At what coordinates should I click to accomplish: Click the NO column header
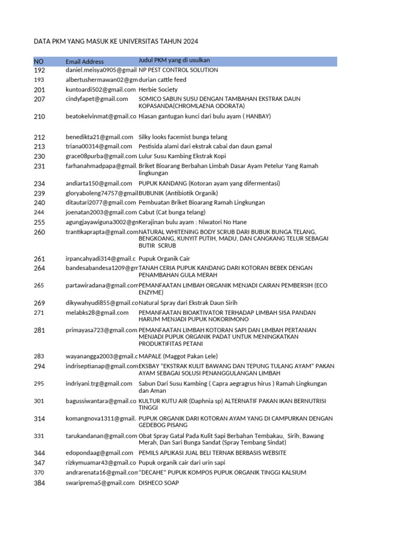38,62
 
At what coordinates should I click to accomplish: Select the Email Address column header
84,62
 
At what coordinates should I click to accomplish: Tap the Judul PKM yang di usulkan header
174,60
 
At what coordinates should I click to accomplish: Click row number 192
40,70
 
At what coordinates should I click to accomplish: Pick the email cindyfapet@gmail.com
97,99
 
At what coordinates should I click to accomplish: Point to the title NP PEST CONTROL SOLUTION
178,70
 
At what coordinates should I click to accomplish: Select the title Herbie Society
158,90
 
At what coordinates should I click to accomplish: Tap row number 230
40,156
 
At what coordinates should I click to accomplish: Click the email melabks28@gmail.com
97,313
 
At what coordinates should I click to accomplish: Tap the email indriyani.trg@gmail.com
99,383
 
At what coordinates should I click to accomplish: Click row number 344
40,453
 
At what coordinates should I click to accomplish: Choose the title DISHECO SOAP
159,482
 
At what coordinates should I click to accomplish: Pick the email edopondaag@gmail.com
99,453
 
